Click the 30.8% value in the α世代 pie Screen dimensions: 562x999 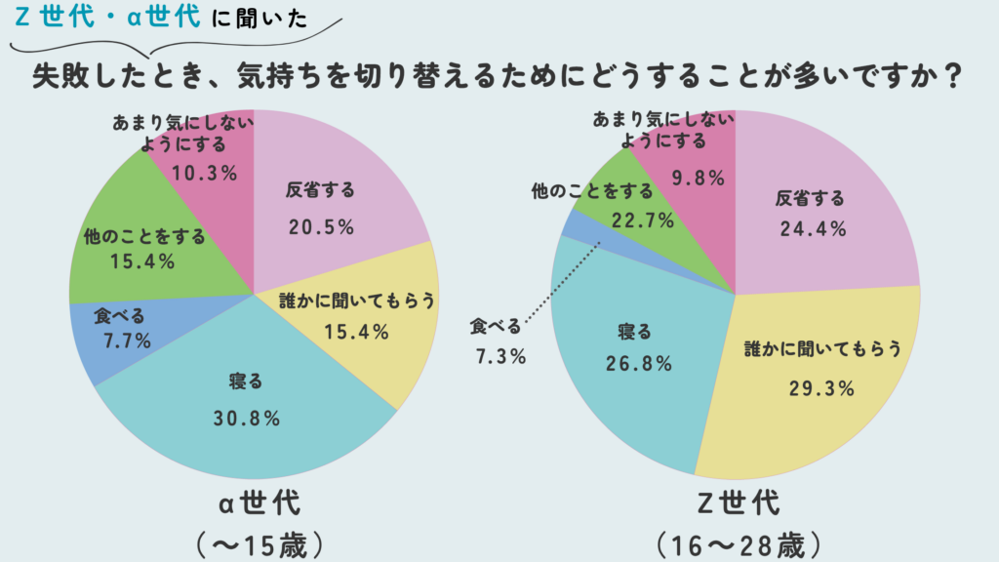[x=247, y=419]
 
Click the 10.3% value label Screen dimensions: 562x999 [x=205, y=174]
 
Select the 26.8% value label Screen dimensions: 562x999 [x=638, y=364]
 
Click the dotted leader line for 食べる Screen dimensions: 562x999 [x=560, y=283]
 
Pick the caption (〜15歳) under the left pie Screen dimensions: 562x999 [x=258, y=542]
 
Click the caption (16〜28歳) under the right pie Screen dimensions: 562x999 [x=738, y=542]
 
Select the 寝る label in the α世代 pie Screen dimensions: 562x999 [x=248, y=379]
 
